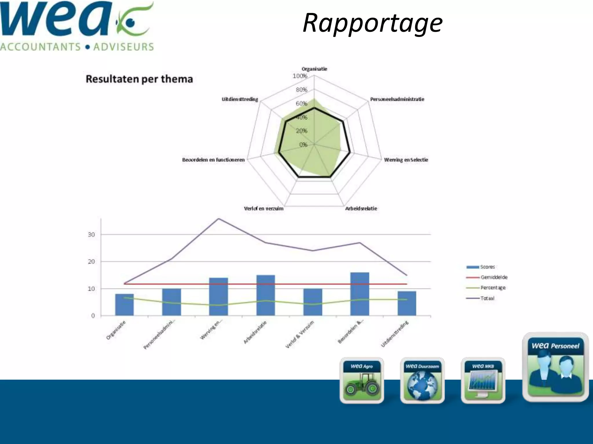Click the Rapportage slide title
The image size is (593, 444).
coord(372,23)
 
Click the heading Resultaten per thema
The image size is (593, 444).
coord(139,79)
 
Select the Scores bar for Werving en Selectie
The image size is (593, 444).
coord(219,297)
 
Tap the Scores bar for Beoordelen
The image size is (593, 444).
coord(360,294)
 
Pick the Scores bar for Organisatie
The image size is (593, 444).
coord(125,305)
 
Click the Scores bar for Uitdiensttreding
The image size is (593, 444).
coord(407,304)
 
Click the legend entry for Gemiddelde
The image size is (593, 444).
coord(494,277)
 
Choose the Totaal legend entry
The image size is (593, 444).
coord(487,298)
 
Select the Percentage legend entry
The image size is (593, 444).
coord(493,288)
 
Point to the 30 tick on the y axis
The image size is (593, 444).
coord(91,235)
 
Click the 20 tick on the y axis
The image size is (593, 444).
coord(91,262)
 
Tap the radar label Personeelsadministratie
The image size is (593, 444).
coord(397,99)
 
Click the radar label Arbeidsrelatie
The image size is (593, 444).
coord(361,208)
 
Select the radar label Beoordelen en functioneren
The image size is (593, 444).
coord(213,160)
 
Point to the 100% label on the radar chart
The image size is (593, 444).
coord(300,76)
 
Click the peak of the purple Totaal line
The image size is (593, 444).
coord(219,219)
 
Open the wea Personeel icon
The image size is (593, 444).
coord(555,367)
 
